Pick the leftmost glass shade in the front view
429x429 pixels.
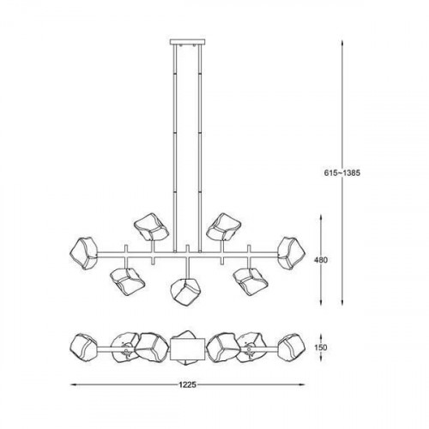[85, 251]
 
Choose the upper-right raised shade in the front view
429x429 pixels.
[226, 227]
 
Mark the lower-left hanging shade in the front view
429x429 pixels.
[127, 282]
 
